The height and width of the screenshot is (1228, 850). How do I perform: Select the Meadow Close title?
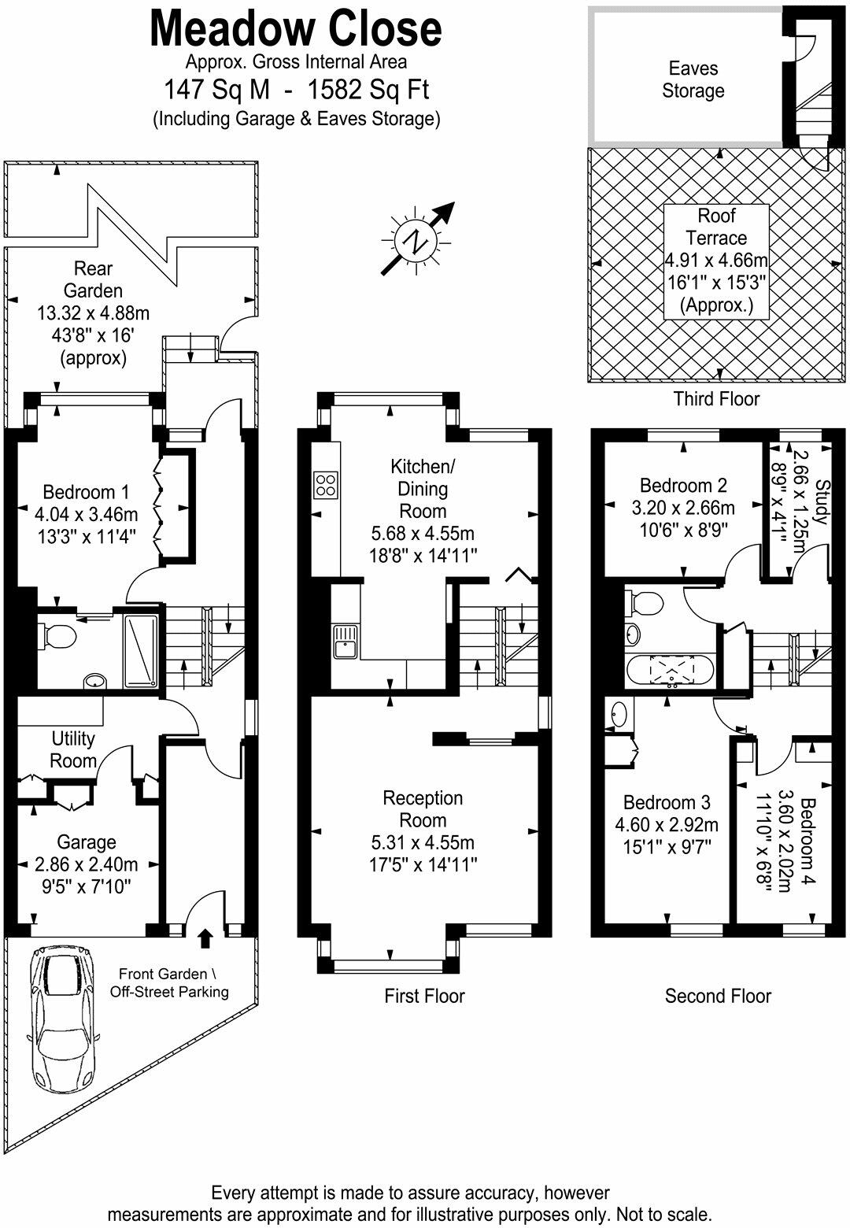[x=296, y=29]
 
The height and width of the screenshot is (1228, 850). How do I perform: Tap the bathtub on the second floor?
[x=671, y=671]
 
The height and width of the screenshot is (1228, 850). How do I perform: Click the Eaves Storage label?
[x=693, y=80]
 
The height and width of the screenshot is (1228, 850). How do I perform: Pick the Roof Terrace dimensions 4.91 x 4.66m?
[x=716, y=261]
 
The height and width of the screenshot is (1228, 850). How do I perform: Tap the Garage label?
[x=87, y=843]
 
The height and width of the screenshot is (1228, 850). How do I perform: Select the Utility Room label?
[x=73, y=749]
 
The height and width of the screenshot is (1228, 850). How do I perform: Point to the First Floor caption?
[x=424, y=996]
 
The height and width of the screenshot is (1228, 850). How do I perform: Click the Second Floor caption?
[x=718, y=996]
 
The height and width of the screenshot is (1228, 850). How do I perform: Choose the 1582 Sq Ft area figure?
[x=368, y=90]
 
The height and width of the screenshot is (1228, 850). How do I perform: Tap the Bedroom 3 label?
[x=667, y=802]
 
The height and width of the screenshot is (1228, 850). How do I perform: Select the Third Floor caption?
[x=716, y=398]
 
